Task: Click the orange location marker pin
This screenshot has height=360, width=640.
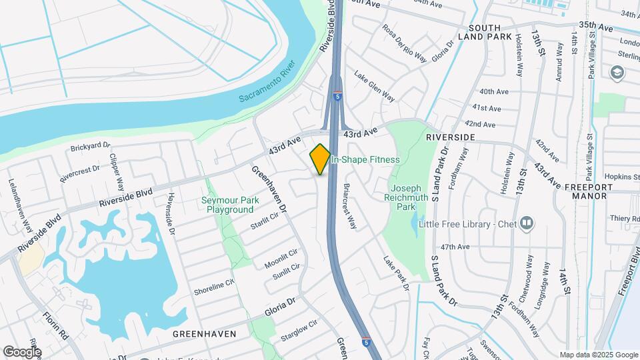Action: pos(320,159)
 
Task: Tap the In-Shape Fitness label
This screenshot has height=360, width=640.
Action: pos(365,159)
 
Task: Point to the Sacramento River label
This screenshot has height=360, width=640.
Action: pos(267,88)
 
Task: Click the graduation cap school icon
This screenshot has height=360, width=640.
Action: pos(617,72)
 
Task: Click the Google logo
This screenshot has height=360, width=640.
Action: pos(22,351)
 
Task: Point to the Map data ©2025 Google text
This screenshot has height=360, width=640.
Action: pos(598,355)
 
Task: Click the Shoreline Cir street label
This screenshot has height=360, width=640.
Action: pos(215,287)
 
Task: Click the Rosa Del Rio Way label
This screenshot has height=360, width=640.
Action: pos(404,43)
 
